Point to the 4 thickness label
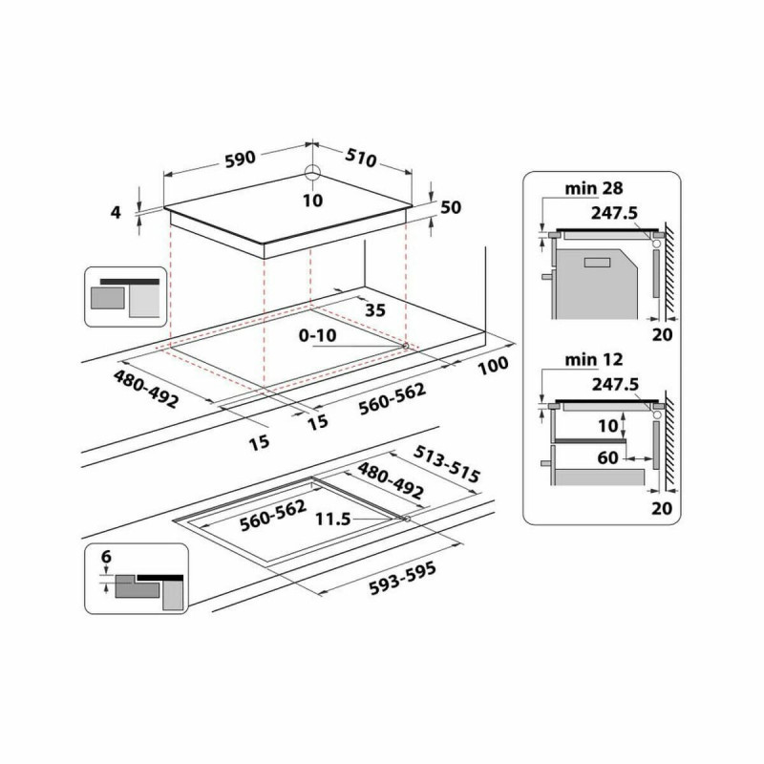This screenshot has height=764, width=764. (x=117, y=212)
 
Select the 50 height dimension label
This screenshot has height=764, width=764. (x=452, y=208)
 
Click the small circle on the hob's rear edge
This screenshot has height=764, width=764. (x=312, y=174)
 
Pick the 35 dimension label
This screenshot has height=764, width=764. (x=375, y=310)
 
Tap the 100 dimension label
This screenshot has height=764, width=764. (x=493, y=367)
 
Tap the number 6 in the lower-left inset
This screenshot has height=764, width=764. (x=105, y=557)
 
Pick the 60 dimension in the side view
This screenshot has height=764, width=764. (x=608, y=458)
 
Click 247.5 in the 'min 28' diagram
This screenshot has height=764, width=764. (x=615, y=215)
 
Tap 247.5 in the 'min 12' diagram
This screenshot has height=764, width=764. (x=615, y=385)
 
